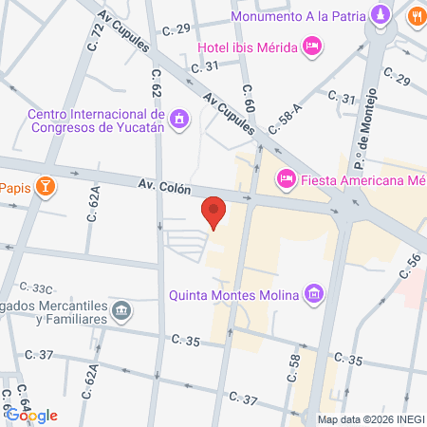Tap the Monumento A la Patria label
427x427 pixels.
click(x=299, y=16)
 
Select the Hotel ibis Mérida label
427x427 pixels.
click(x=247, y=46)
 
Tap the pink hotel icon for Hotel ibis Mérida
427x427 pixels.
click(x=312, y=46)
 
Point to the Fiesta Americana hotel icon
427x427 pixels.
click(x=285, y=177)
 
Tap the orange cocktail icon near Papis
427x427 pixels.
click(x=44, y=185)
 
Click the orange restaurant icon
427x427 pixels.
click(x=416, y=16)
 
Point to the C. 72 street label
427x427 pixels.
click(x=96, y=37)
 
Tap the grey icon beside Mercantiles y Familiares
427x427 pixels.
click(x=121, y=310)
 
